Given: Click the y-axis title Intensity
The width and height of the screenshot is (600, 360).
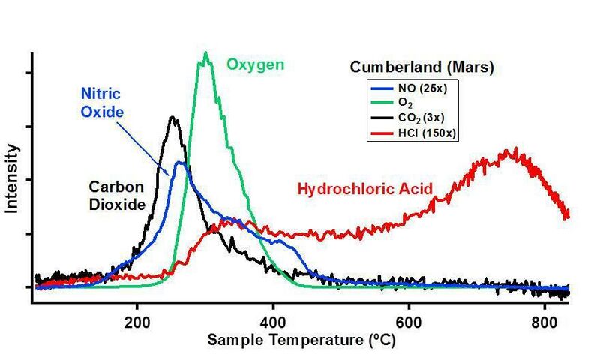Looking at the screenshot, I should [x=12, y=180].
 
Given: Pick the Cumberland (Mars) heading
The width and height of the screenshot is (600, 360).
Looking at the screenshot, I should [x=421, y=67].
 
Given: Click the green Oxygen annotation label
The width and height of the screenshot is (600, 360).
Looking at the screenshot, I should [x=256, y=64].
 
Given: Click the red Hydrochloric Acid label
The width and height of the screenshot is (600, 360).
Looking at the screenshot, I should [x=365, y=189].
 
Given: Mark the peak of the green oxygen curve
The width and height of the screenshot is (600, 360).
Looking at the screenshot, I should [x=205, y=53].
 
